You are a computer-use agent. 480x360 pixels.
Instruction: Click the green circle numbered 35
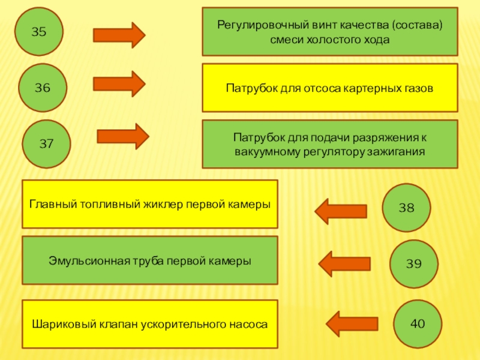pos(39,32)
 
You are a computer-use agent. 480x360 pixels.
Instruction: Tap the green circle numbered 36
pos(43,88)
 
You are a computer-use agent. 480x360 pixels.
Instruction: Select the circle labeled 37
pos(47,144)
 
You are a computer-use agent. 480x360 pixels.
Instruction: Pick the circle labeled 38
pos(407,208)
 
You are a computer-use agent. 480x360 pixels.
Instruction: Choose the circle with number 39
pos(414,263)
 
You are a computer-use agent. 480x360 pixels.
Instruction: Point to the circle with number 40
pos(418,323)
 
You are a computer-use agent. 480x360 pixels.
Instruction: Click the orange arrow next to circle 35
pos(119,34)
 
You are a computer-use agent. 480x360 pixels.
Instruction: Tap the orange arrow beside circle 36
pos(120,83)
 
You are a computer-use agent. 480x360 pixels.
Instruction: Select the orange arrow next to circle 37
pos(122,136)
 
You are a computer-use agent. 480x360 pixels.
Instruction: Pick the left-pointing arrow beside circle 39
pos(344,263)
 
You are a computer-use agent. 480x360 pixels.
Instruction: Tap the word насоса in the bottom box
pos(251,324)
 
